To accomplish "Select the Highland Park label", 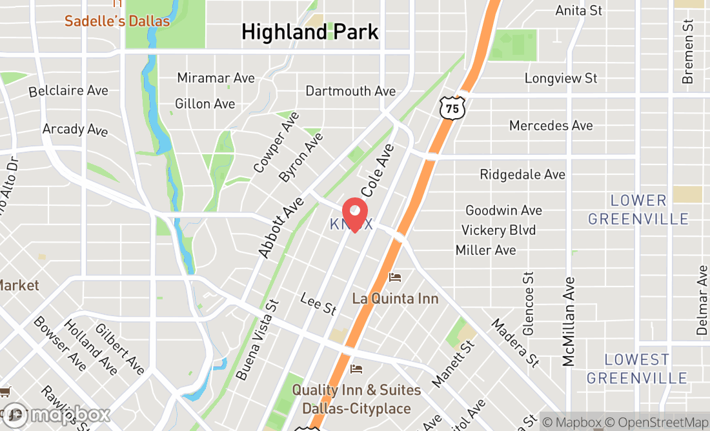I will [310, 32].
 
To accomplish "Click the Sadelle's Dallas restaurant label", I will [117, 21].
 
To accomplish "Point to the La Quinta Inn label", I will [395, 298].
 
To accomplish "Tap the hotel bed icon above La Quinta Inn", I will [395, 277].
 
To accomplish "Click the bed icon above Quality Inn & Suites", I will [356, 369].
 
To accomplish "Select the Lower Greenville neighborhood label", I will [638, 210].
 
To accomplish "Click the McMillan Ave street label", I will [569, 321].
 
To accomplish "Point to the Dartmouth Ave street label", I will [350, 91].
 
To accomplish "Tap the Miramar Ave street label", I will [216, 78].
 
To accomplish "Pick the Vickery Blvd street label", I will [498, 230].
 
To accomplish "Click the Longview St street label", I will [561, 79].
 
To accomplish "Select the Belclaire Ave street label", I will [68, 91].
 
